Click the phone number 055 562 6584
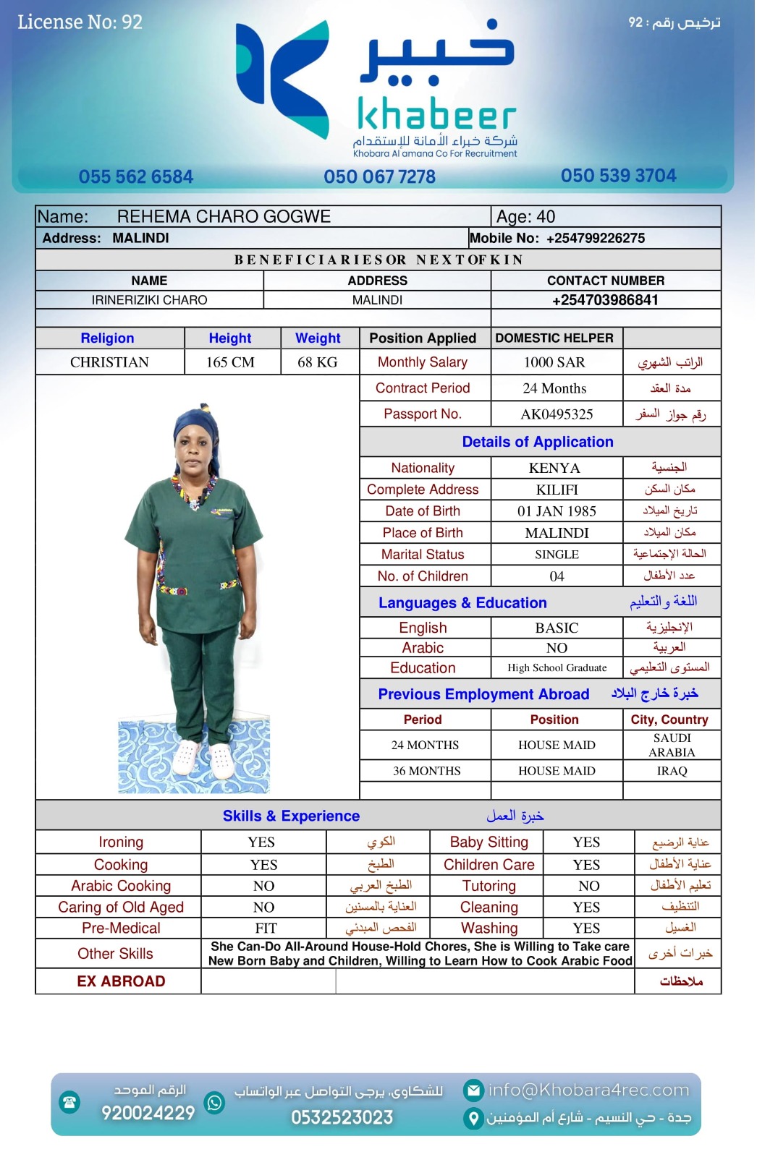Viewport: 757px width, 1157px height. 136,177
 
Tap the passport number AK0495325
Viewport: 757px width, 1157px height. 557,414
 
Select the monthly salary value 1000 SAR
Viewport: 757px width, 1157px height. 554,362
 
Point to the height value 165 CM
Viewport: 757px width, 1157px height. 230,362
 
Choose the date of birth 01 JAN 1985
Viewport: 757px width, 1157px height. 557,511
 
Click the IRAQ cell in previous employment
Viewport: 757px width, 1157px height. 672,771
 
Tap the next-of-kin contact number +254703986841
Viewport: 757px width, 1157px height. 605,300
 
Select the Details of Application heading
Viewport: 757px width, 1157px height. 538,442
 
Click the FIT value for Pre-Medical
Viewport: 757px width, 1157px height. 266,928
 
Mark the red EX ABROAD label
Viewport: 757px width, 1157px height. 121,981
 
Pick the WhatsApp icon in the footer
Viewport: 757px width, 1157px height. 215,1103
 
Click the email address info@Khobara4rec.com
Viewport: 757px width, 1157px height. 588,1090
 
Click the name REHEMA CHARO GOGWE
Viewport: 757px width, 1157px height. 224,217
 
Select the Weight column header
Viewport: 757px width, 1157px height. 318,338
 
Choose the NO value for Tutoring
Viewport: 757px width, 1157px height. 588,886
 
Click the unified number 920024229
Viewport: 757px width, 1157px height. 148,1113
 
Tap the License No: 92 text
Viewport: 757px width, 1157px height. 80,22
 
